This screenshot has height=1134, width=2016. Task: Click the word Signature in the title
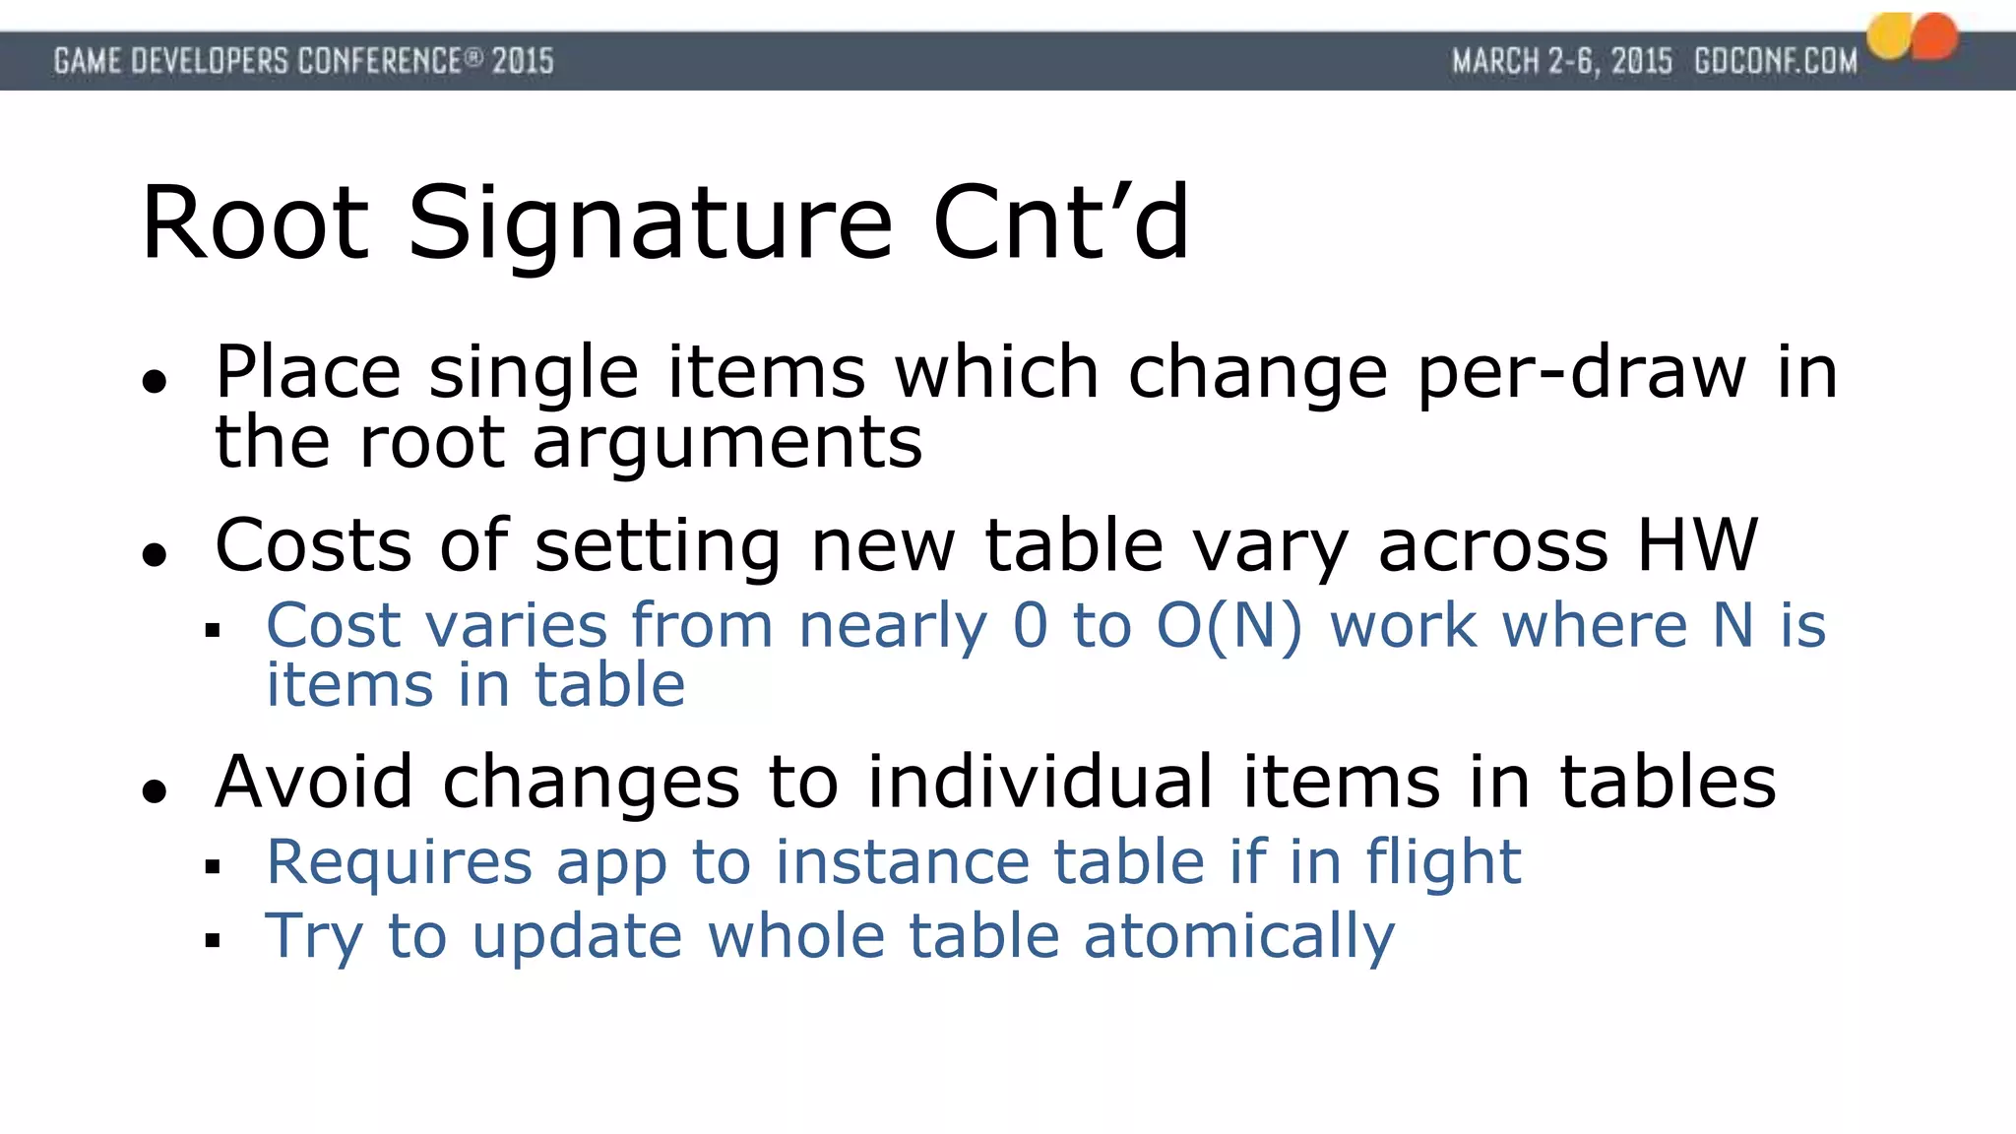click(x=650, y=224)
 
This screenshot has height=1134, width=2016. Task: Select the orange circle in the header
click(x=1936, y=36)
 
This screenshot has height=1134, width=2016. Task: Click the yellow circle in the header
click(x=1890, y=36)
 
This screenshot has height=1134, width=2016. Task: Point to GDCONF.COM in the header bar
click(x=1775, y=61)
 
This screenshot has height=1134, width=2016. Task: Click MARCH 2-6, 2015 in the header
click(x=1561, y=61)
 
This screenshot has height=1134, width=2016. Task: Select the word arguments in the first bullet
click(x=727, y=442)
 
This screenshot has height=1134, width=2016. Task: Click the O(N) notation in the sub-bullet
click(x=1229, y=625)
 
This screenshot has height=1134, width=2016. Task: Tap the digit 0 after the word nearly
click(x=1030, y=625)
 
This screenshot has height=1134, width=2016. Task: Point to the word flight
click(x=1443, y=862)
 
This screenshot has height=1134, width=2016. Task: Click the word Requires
click(x=399, y=862)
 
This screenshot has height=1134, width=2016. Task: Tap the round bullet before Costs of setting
click(x=154, y=554)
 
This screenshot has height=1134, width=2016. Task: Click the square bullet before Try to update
click(x=213, y=940)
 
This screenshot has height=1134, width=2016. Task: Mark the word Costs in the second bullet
click(x=313, y=544)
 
